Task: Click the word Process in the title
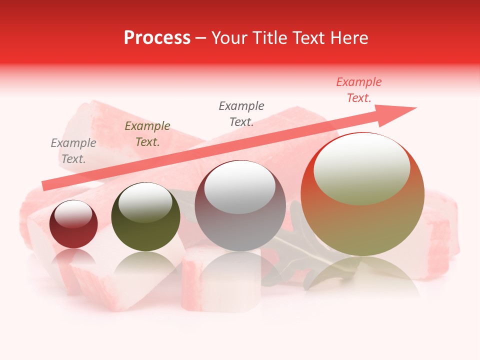tap(157, 38)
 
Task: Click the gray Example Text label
tap(73, 151)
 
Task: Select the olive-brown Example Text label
tap(147, 134)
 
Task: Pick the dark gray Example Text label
tap(241, 114)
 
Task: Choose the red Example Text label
tap(359, 90)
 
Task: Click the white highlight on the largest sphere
tap(361, 169)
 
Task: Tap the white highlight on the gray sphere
tap(240, 187)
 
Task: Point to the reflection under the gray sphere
tap(240, 270)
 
